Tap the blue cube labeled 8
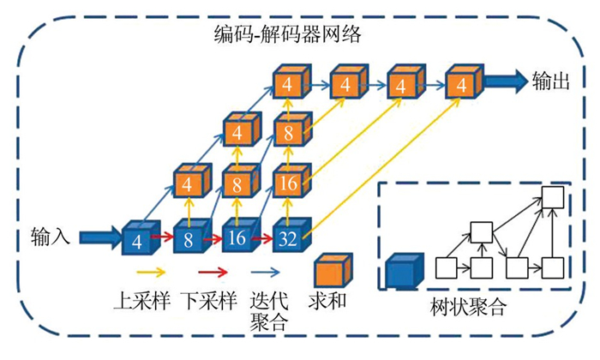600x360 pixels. pyautogui.click(x=189, y=237)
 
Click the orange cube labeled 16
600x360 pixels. pyautogui.click(x=287, y=183)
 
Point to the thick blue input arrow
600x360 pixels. pyautogui.click(x=99, y=233)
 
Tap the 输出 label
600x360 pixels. pyautogui.click(x=550, y=81)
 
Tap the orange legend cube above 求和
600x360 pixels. pyautogui.click(x=333, y=272)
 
